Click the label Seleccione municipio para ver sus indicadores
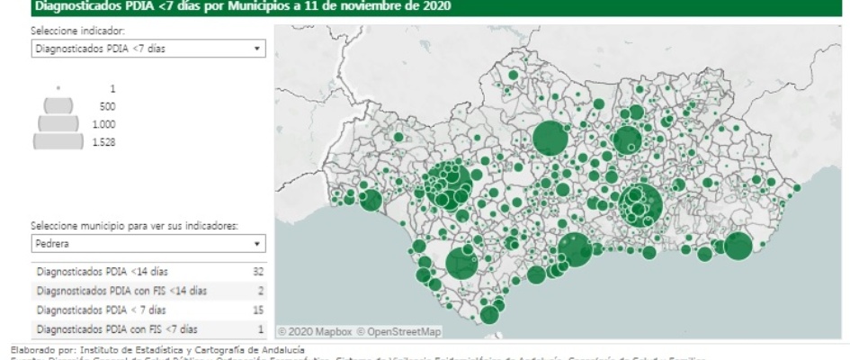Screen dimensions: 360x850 pos(134,226)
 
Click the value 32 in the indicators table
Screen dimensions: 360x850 pos(260,271)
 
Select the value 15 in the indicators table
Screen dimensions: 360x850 pos(260,310)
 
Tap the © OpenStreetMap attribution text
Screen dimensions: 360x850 pos(397,332)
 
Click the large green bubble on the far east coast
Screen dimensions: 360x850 pos(738,247)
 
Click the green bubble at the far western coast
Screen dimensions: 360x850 pos(371,201)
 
